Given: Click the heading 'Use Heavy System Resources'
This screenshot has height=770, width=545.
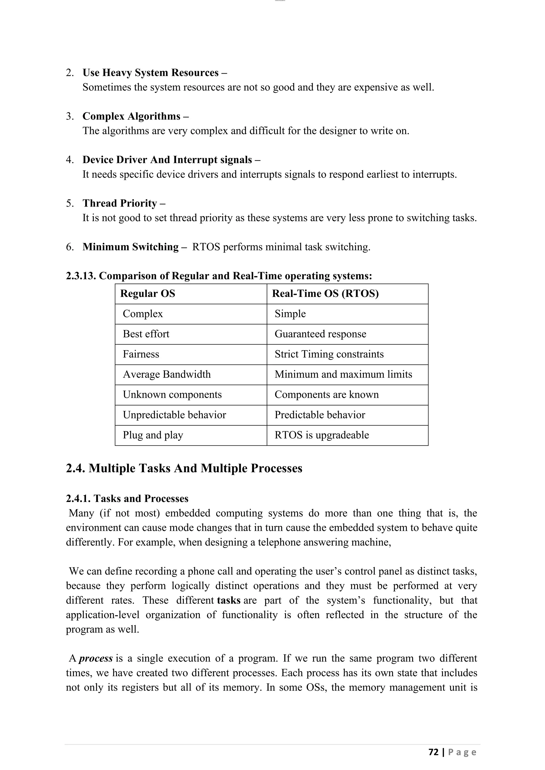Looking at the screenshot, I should click(x=151, y=73).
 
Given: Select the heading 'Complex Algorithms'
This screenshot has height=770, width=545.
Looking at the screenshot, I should click(x=131, y=116).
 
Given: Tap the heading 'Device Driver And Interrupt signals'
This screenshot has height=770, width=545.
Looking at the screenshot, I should click(x=167, y=160).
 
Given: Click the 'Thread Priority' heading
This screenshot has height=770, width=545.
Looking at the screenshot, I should click(x=120, y=203).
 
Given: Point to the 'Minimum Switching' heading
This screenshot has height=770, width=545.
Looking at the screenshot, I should click(x=131, y=247).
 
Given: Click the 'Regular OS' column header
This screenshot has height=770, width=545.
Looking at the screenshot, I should click(x=148, y=294).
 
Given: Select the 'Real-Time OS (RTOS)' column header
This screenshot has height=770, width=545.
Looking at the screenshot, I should click(x=325, y=294).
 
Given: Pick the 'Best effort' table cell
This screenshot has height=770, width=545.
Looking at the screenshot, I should click(x=146, y=334).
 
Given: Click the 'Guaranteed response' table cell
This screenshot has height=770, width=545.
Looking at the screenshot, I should click(x=320, y=334).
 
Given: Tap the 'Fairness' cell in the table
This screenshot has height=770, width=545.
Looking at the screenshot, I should click(x=141, y=354).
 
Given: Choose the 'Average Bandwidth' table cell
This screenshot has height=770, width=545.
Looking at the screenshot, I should click(x=167, y=374).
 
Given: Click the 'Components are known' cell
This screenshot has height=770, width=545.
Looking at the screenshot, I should click(x=327, y=395).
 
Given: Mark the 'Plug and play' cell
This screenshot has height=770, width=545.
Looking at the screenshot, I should click(x=153, y=435).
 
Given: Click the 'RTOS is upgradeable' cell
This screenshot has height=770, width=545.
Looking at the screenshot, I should click(x=321, y=435).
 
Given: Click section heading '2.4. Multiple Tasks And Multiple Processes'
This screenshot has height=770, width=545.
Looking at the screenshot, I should click(x=184, y=468).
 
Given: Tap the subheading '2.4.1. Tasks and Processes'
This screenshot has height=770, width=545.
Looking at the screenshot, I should click(x=127, y=499).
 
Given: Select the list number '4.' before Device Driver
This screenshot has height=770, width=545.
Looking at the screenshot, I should click(x=70, y=160).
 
